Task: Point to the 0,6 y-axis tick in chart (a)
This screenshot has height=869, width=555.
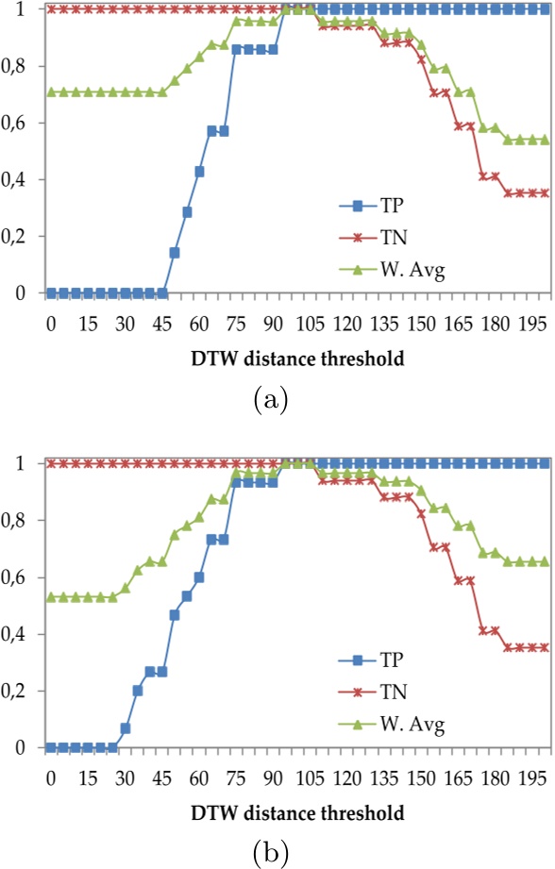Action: click(x=21, y=124)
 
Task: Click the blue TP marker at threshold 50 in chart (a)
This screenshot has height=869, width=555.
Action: click(x=175, y=253)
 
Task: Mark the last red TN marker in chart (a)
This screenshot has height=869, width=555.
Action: click(x=544, y=193)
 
